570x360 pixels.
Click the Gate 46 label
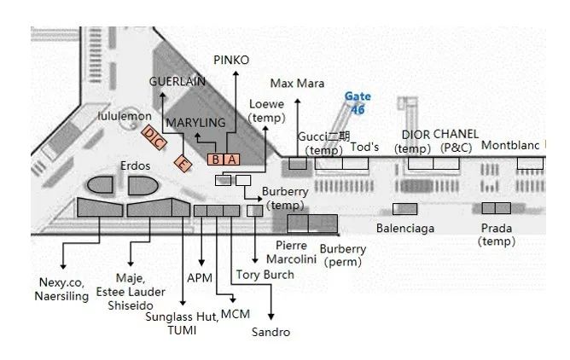click(358, 103)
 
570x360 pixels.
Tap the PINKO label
click(231, 60)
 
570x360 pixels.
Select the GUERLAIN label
click(177, 80)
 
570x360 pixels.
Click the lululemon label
click(125, 115)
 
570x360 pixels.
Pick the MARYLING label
click(195, 123)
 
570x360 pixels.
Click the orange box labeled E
click(183, 163)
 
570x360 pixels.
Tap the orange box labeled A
click(232, 159)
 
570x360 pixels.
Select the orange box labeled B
click(217, 159)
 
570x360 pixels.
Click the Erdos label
click(136, 165)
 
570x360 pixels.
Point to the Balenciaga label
click(404, 228)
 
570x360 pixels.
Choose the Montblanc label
click(510, 145)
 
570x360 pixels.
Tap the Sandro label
click(272, 332)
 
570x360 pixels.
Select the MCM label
click(235, 314)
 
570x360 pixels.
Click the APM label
click(199, 276)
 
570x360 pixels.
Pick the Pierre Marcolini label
click(292, 252)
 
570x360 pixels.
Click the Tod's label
click(364, 147)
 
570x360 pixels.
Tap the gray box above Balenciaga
click(404, 208)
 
